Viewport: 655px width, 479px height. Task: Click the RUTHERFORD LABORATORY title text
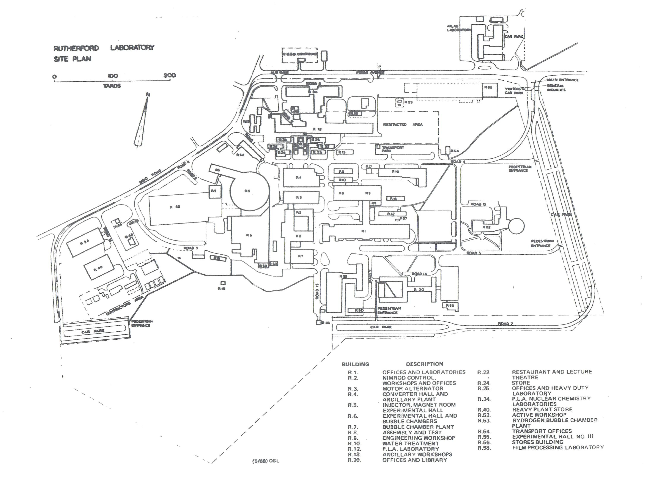pos(104,48)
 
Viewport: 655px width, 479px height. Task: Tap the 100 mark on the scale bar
pos(113,76)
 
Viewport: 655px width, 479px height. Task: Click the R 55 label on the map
pos(175,207)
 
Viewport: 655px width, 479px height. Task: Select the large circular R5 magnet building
pos(250,191)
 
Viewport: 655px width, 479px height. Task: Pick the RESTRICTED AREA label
pos(403,124)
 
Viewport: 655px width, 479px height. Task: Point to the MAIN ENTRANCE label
pos(562,80)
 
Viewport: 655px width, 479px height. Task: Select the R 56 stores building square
pos(490,90)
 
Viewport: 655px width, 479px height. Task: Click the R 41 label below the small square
pos(222,288)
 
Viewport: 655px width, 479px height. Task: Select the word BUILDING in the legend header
pos(355,364)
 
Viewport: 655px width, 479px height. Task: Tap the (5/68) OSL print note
pos(266,461)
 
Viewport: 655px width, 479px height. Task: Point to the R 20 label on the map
pos(419,289)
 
